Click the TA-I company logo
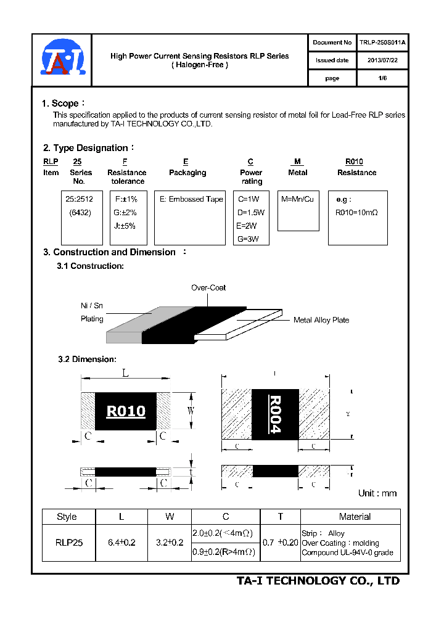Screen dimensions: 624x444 click(x=61, y=60)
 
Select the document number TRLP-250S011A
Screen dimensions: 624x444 click(x=382, y=43)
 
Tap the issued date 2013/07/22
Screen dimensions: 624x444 click(x=382, y=60)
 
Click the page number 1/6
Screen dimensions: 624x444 click(x=382, y=78)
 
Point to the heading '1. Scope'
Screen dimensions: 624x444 click(x=61, y=104)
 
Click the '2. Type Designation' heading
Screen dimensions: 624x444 click(x=86, y=148)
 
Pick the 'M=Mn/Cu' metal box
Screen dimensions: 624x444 click(x=298, y=210)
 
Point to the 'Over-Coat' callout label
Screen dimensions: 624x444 click(x=208, y=288)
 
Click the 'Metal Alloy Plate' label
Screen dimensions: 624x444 click(x=321, y=320)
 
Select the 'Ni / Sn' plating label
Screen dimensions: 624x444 click(x=92, y=305)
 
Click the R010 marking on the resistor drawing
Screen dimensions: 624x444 click(x=126, y=411)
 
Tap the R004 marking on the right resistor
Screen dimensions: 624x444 click(x=275, y=414)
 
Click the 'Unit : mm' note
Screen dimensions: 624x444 click(x=377, y=493)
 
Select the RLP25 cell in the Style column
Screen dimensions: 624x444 click(x=68, y=543)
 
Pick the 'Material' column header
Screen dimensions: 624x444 click(x=355, y=517)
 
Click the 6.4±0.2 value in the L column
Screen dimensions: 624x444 click(x=121, y=543)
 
